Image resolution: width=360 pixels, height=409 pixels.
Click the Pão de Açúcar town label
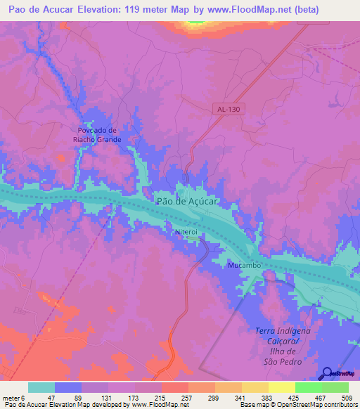pos(187,201)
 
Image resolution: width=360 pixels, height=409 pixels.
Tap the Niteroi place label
pos(187,231)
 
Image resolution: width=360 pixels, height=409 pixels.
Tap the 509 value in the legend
pos(346,398)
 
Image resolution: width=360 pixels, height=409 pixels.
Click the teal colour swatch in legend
pos(41,387)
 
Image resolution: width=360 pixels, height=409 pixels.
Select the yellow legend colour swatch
pos(282,387)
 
